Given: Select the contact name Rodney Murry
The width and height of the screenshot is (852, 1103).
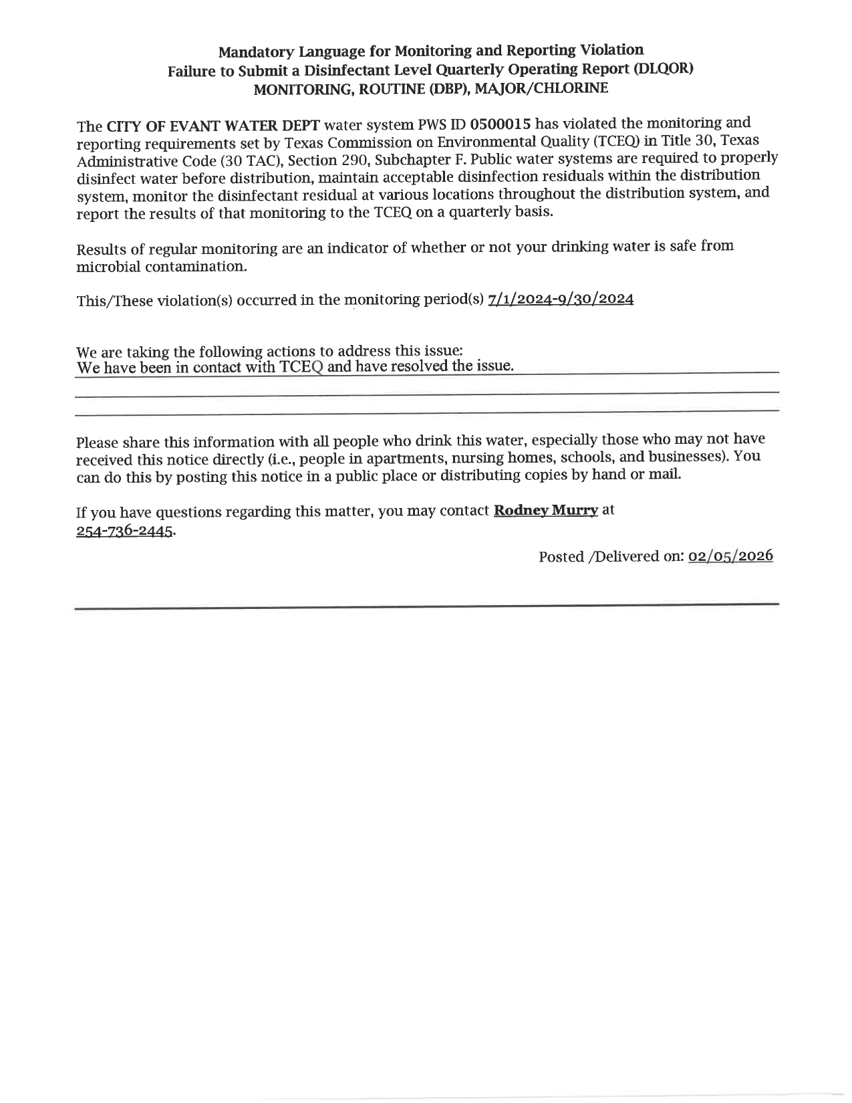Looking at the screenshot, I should pyautogui.click(x=545, y=511).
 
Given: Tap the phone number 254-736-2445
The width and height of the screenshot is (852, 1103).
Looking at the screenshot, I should pyautogui.click(x=126, y=531).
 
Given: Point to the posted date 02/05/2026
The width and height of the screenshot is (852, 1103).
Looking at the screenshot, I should pyautogui.click(x=730, y=556).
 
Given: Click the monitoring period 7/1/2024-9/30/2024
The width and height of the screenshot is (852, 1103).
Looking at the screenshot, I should pyautogui.click(x=561, y=298).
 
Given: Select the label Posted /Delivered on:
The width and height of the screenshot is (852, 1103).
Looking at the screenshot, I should pyautogui.click(x=610, y=557).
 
